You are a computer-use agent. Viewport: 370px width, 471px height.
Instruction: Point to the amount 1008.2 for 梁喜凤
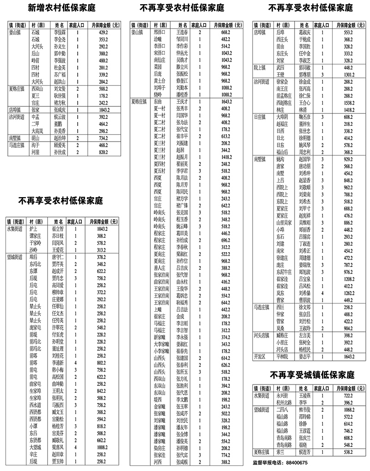click(101, 448)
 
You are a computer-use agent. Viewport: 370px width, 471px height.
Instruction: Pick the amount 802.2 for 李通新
click(101, 364)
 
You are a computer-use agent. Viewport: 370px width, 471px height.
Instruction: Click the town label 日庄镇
click(261, 118)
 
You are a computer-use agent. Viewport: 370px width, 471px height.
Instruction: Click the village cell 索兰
click(280, 452)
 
